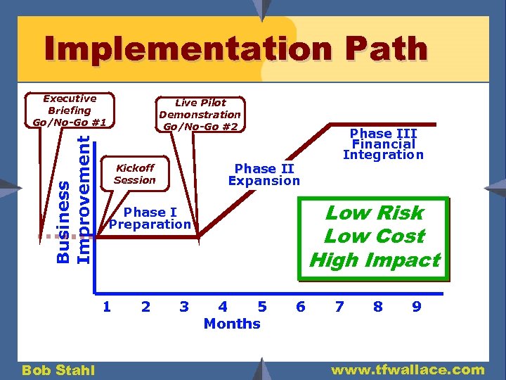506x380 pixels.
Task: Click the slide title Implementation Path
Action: pos(235,50)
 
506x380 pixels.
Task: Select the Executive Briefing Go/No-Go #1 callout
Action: pos(70,110)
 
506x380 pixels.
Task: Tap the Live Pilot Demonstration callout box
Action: pos(200,115)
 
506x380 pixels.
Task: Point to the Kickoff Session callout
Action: pos(134,174)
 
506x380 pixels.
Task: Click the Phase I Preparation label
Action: pos(150,218)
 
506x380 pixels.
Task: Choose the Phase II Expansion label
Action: pos(264,175)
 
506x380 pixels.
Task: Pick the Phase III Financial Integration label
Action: pos(383,144)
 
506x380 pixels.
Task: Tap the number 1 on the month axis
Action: pos(106,306)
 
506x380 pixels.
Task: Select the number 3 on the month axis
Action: pos(184,306)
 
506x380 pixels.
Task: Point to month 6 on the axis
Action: pos(301,306)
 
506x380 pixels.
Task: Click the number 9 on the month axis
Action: pos(417,306)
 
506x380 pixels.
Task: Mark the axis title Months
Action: pos(232,324)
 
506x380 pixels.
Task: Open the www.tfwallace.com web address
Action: pos(408,369)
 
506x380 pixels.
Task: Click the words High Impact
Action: pos(374,260)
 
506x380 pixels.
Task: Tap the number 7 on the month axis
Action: pos(339,306)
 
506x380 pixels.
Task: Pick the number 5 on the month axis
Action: pos(262,306)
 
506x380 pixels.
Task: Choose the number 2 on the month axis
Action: pos(145,306)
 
